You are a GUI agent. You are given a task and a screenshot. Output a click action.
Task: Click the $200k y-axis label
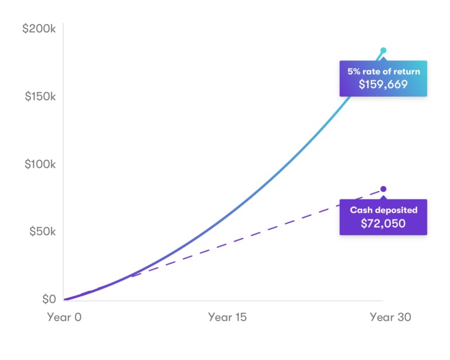[39, 28]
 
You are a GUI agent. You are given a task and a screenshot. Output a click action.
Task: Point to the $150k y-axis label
[40, 96]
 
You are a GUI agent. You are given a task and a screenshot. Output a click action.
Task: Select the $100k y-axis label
[40, 164]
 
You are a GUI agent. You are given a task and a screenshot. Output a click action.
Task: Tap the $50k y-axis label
[42, 232]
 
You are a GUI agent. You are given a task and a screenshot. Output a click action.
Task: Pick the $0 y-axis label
[49, 300]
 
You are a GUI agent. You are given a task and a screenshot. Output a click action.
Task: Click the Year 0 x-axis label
[64, 317]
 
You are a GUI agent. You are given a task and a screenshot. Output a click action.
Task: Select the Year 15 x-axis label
[227, 317]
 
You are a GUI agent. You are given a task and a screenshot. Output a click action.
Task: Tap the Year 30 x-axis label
[390, 317]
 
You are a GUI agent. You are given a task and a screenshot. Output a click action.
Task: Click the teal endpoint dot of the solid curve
[384, 50]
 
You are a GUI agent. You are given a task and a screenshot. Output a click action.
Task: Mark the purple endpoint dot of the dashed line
[384, 189]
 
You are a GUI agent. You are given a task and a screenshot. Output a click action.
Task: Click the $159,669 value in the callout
[383, 84]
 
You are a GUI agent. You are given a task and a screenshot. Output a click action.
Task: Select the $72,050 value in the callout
[383, 223]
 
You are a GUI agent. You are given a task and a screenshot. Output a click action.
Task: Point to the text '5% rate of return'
[383, 72]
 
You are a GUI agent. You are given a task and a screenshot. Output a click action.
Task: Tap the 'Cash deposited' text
[383, 210]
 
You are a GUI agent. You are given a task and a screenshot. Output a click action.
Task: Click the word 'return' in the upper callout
[407, 72]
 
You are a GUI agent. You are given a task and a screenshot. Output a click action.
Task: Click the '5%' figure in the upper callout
[354, 72]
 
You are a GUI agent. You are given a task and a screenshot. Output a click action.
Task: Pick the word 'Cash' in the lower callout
[361, 210]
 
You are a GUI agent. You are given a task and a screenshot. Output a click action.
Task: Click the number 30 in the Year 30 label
[403, 317]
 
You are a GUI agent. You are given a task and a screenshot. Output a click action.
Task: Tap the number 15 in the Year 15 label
[239, 317]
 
